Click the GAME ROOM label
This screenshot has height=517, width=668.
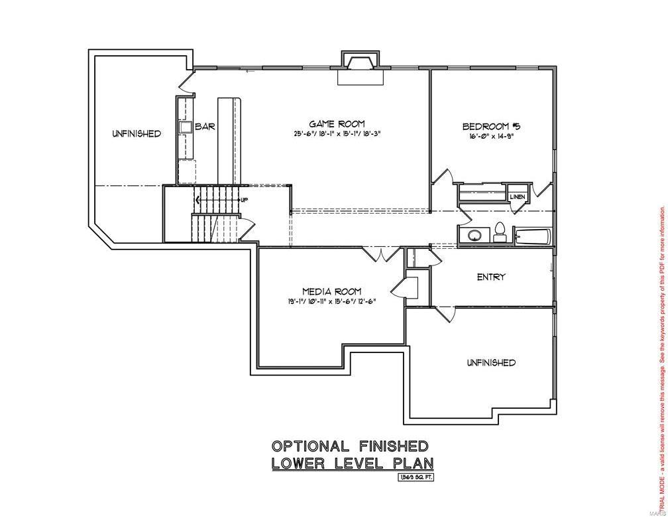(x=337, y=123)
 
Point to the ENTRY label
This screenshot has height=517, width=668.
(x=491, y=277)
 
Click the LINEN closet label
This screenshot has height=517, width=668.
(x=517, y=197)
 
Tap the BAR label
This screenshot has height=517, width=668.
(x=205, y=126)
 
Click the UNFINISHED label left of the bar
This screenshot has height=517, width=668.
(x=136, y=133)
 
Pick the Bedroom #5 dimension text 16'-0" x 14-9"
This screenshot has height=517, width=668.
(x=490, y=137)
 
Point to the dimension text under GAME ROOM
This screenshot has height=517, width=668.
(x=337, y=133)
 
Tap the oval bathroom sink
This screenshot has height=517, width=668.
(x=474, y=235)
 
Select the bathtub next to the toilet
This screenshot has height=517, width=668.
(x=532, y=236)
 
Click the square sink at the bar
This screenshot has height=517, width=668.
(x=184, y=127)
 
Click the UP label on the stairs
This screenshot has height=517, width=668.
(x=244, y=200)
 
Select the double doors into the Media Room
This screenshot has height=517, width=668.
(x=381, y=254)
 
